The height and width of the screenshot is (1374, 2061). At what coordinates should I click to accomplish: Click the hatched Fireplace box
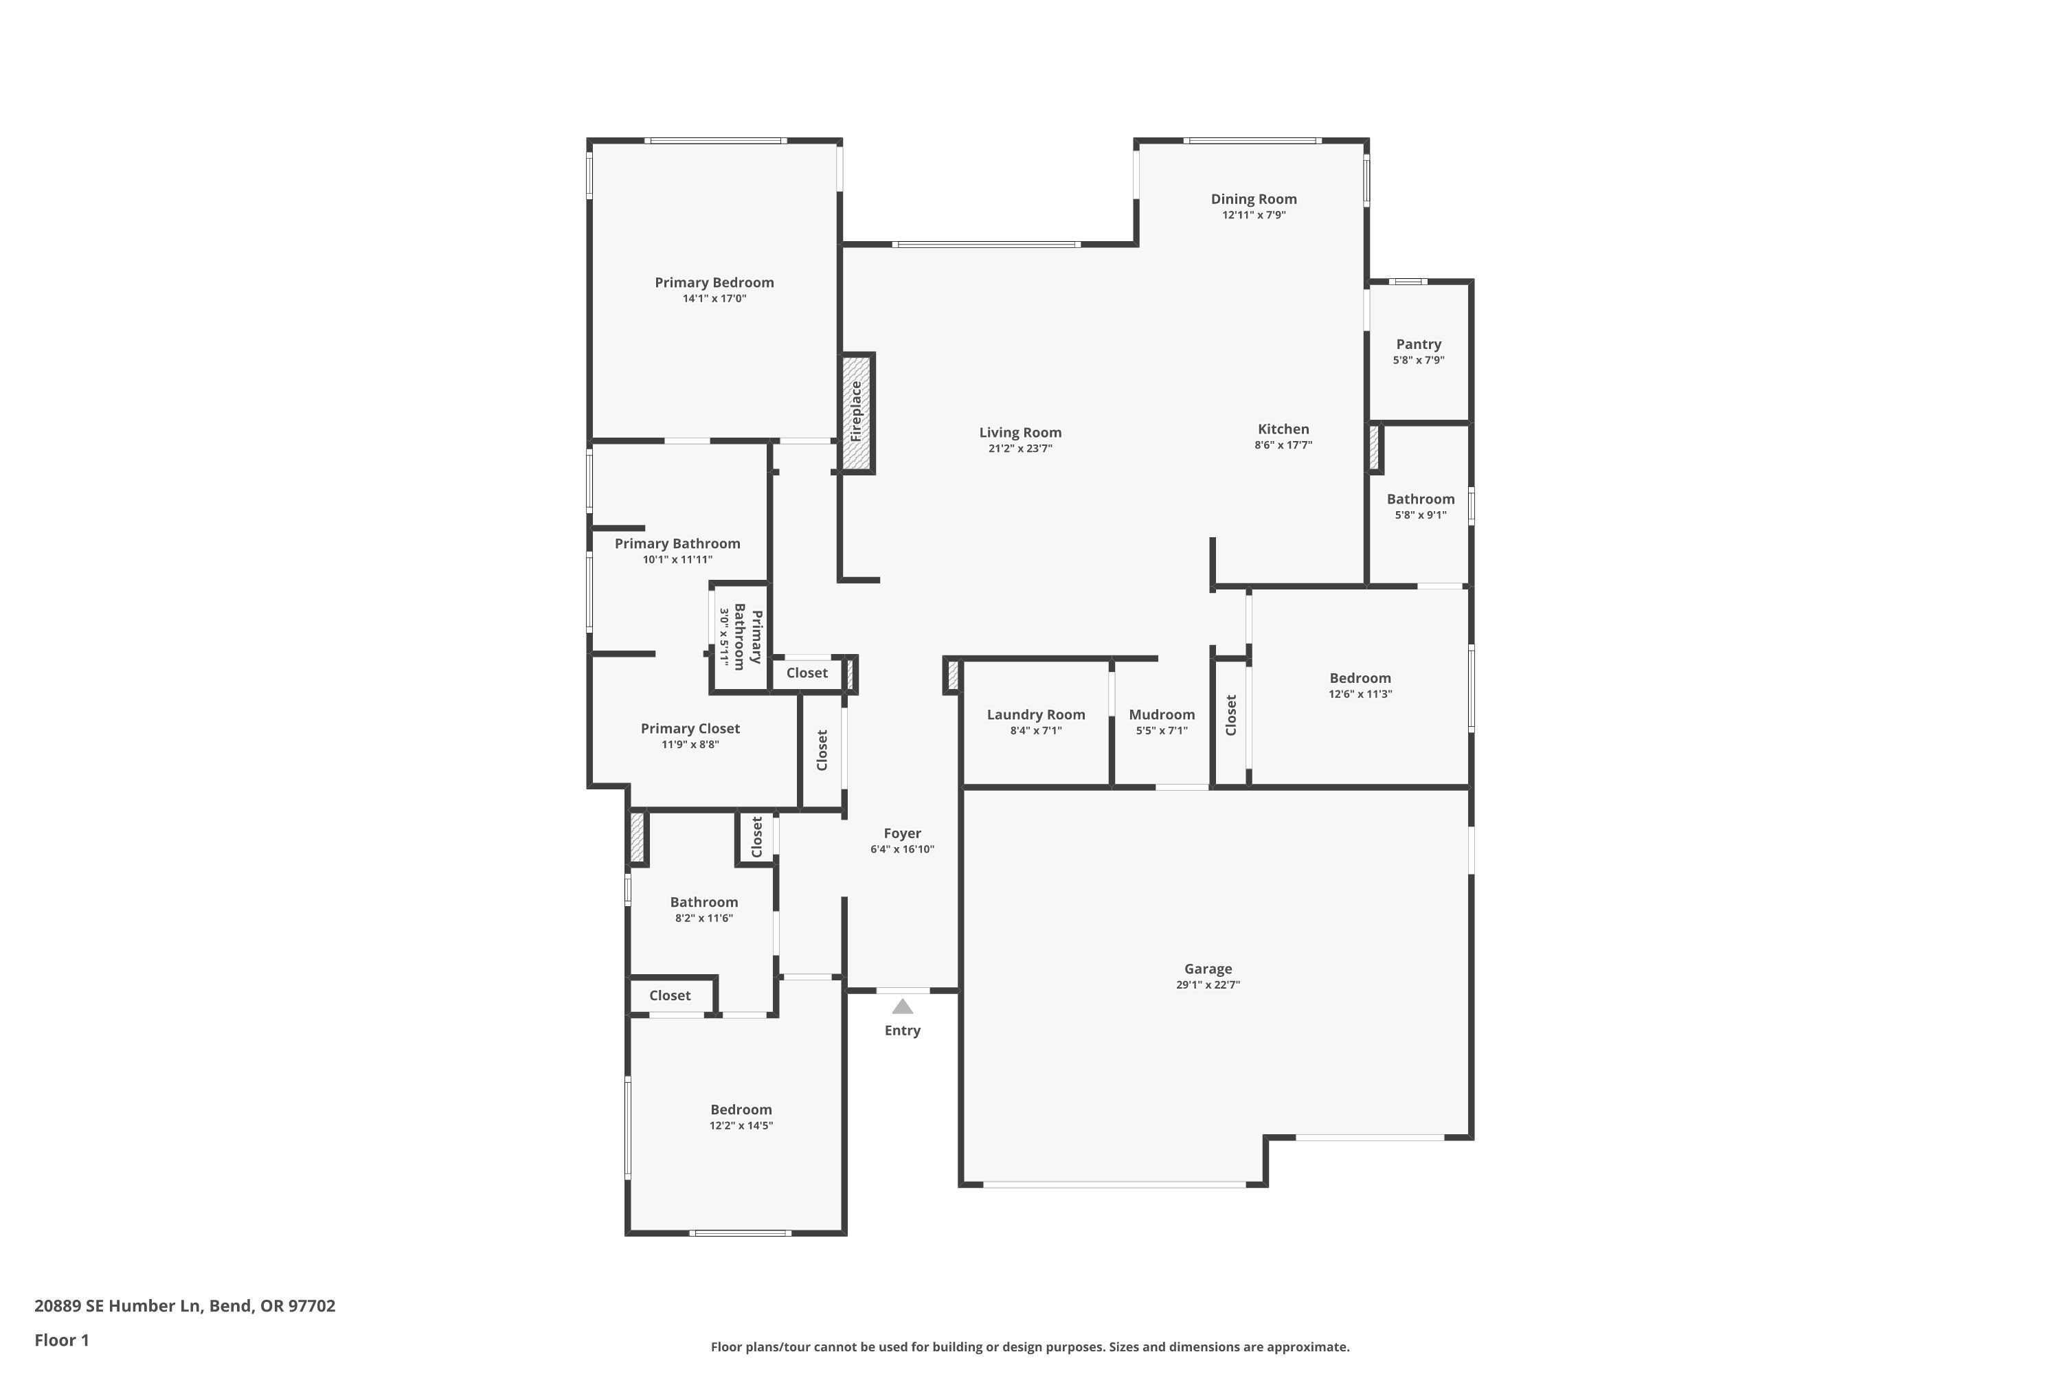(x=856, y=413)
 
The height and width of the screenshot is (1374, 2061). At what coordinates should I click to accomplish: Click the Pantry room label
(x=1418, y=344)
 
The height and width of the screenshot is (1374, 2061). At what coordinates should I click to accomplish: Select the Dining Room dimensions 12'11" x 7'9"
(x=1253, y=214)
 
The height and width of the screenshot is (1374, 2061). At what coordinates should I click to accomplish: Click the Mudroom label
(x=1161, y=714)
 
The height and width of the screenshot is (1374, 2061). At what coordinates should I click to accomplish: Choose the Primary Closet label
(x=690, y=728)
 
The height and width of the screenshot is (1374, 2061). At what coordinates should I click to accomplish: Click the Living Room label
(x=1020, y=432)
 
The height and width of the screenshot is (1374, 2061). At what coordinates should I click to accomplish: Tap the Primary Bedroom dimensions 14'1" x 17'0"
(x=714, y=298)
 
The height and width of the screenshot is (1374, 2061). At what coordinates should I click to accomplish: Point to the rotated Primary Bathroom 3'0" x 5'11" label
(x=741, y=639)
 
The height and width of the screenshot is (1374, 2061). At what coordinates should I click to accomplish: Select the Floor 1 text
(x=61, y=1339)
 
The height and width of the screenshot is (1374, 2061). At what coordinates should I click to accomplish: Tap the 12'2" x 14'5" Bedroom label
(x=741, y=1110)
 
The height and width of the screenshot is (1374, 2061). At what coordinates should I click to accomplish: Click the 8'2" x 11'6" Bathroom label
(x=703, y=901)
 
